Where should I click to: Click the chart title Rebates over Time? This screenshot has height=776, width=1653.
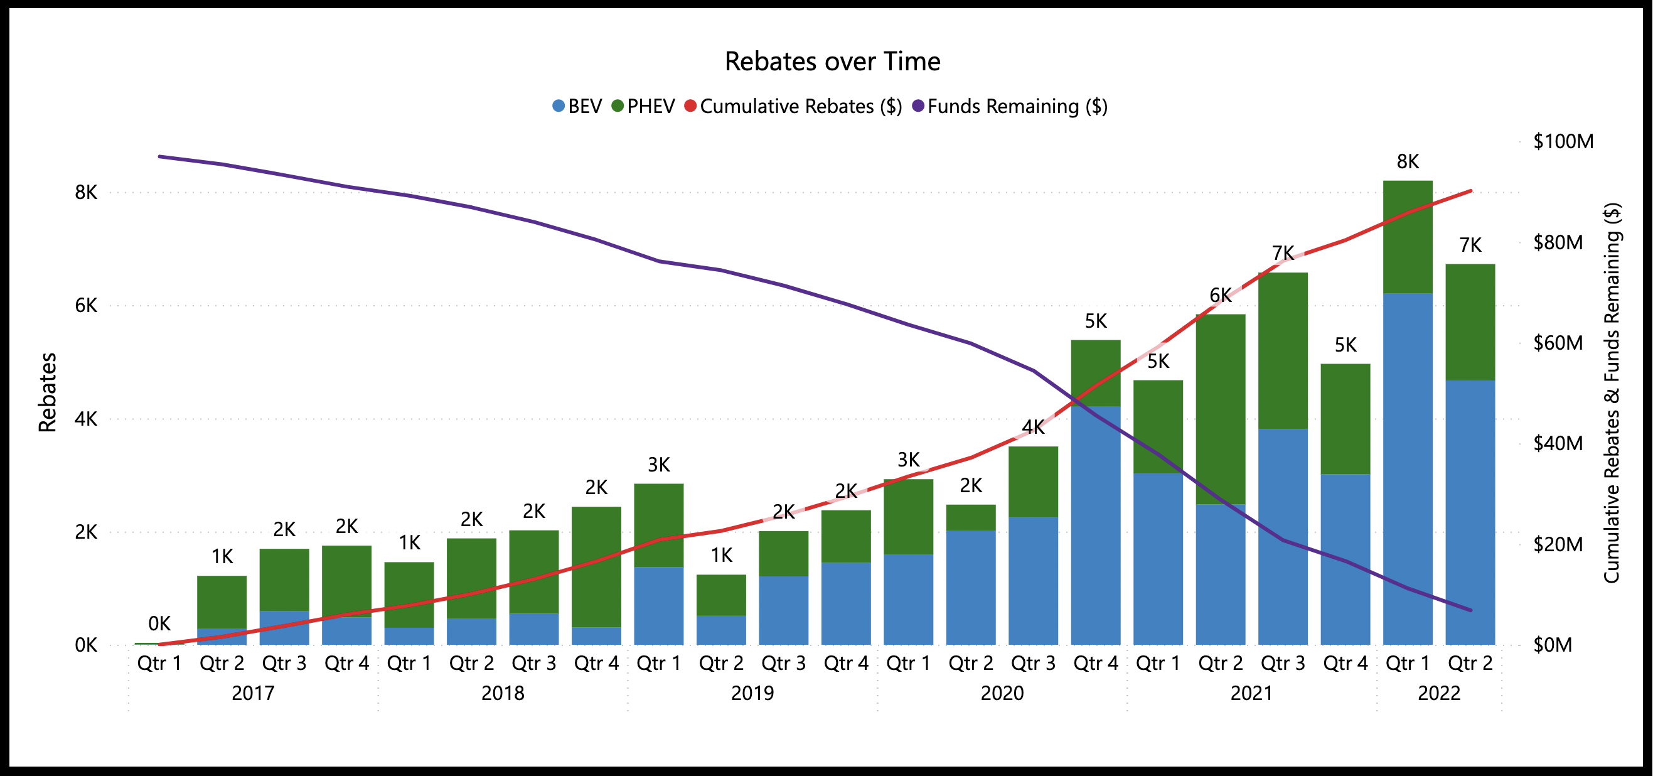point(832,62)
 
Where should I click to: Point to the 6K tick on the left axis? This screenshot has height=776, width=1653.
point(86,306)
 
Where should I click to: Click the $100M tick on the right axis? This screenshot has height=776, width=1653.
point(1563,141)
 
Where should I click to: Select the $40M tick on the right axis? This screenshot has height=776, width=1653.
point(1558,443)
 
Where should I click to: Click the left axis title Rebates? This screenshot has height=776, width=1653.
point(48,392)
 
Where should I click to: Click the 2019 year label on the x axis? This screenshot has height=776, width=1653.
point(752,693)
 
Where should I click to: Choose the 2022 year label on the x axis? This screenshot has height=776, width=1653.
point(1438,693)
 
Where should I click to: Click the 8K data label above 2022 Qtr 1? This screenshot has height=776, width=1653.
point(1408,162)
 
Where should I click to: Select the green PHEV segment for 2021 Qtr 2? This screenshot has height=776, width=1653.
point(1221,409)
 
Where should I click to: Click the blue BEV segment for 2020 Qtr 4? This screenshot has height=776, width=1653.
point(1096,525)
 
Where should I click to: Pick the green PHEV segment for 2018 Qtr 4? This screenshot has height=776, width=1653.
point(596,566)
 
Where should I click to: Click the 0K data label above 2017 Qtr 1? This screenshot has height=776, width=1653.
point(159,623)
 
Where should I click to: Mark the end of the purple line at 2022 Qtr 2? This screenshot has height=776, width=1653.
point(1470,610)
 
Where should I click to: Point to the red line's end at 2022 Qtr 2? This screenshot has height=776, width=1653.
point(1470,191)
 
